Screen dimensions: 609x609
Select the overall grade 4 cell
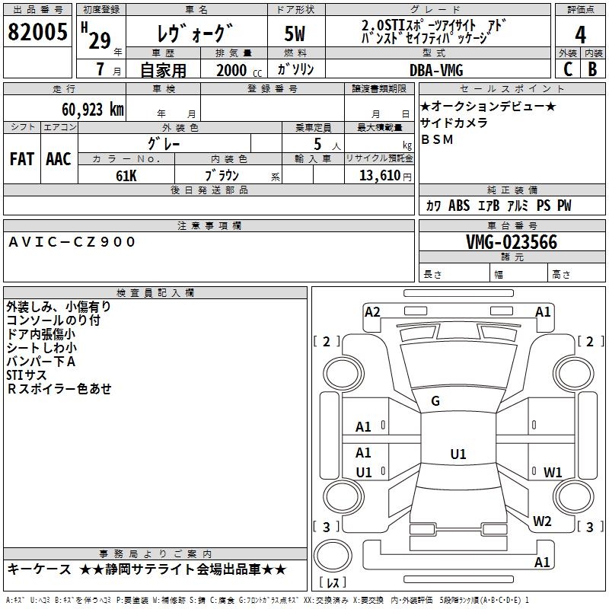coord(580,34)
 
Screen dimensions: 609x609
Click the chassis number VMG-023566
coord(512,242)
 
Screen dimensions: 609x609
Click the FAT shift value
coord(22,159)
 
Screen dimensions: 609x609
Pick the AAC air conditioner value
coord(59,159)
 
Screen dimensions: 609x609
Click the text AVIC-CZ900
coord(72,242)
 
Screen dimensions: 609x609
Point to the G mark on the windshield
coord(435,401)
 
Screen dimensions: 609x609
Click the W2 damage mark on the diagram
coord(542,521)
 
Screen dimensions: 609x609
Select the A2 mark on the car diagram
coord(372,311)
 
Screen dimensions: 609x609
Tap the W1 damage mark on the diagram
coord(553,472)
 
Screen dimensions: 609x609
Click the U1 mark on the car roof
coord(458,454)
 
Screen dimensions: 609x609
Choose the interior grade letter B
coord(592,69)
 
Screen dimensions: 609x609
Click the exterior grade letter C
coord(567,69)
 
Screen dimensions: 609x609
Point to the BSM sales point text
coord(437,139)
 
